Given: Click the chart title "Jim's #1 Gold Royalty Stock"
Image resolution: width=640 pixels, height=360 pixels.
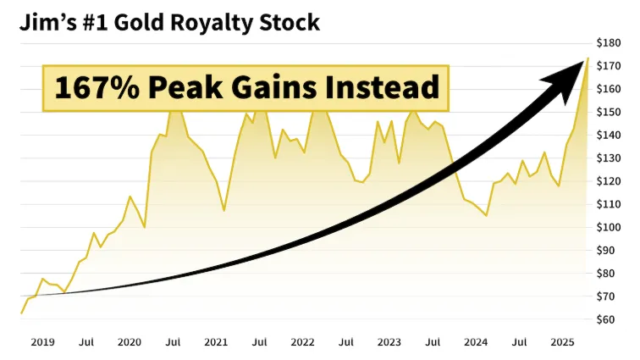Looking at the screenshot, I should tap(170, 21).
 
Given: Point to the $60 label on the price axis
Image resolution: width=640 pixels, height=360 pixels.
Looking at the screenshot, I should tap(611, 319).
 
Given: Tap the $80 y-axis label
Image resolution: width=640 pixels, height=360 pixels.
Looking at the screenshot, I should tap(611, 273).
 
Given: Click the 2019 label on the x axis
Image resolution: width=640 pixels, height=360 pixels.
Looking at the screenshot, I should tap(43, 342).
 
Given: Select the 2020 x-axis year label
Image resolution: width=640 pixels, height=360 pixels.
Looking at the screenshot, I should tap(130, 342).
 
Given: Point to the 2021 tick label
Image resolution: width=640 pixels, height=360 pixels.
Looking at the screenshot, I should tap(216, 342).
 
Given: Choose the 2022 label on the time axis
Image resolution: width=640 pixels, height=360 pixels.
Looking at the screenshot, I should tap(302, 342).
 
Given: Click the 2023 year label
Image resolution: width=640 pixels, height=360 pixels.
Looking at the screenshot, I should tap(389, 342).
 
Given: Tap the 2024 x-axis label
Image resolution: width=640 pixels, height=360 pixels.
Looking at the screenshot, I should tap(476, 342).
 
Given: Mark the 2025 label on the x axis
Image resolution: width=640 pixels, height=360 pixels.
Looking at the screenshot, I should tap(562, 342).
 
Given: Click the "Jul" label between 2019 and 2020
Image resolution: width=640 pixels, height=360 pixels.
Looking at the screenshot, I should tap(86, 342).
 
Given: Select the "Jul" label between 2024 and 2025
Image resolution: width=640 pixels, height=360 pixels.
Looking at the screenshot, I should tap(519, 342).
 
